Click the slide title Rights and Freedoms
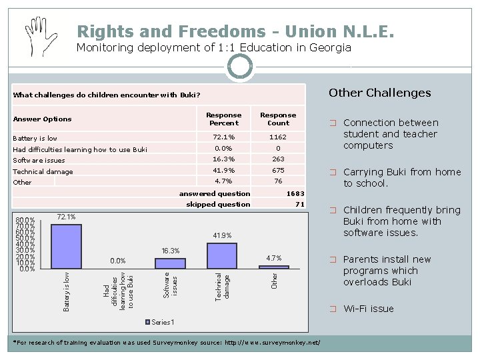coord(235,31)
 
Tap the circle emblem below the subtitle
coord(240,67)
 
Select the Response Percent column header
coord(223,119)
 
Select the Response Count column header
coord(278,119)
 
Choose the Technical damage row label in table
coord(43,171)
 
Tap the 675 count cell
coord(278,171)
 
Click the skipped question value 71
coord(299,204)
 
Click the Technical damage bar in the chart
coord(222,255)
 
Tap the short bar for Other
coord(274,267)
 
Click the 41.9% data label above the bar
coord(222,235)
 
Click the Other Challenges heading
coord(380,93)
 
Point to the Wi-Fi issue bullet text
coord(368,309)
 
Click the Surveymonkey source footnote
coord(167,343)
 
